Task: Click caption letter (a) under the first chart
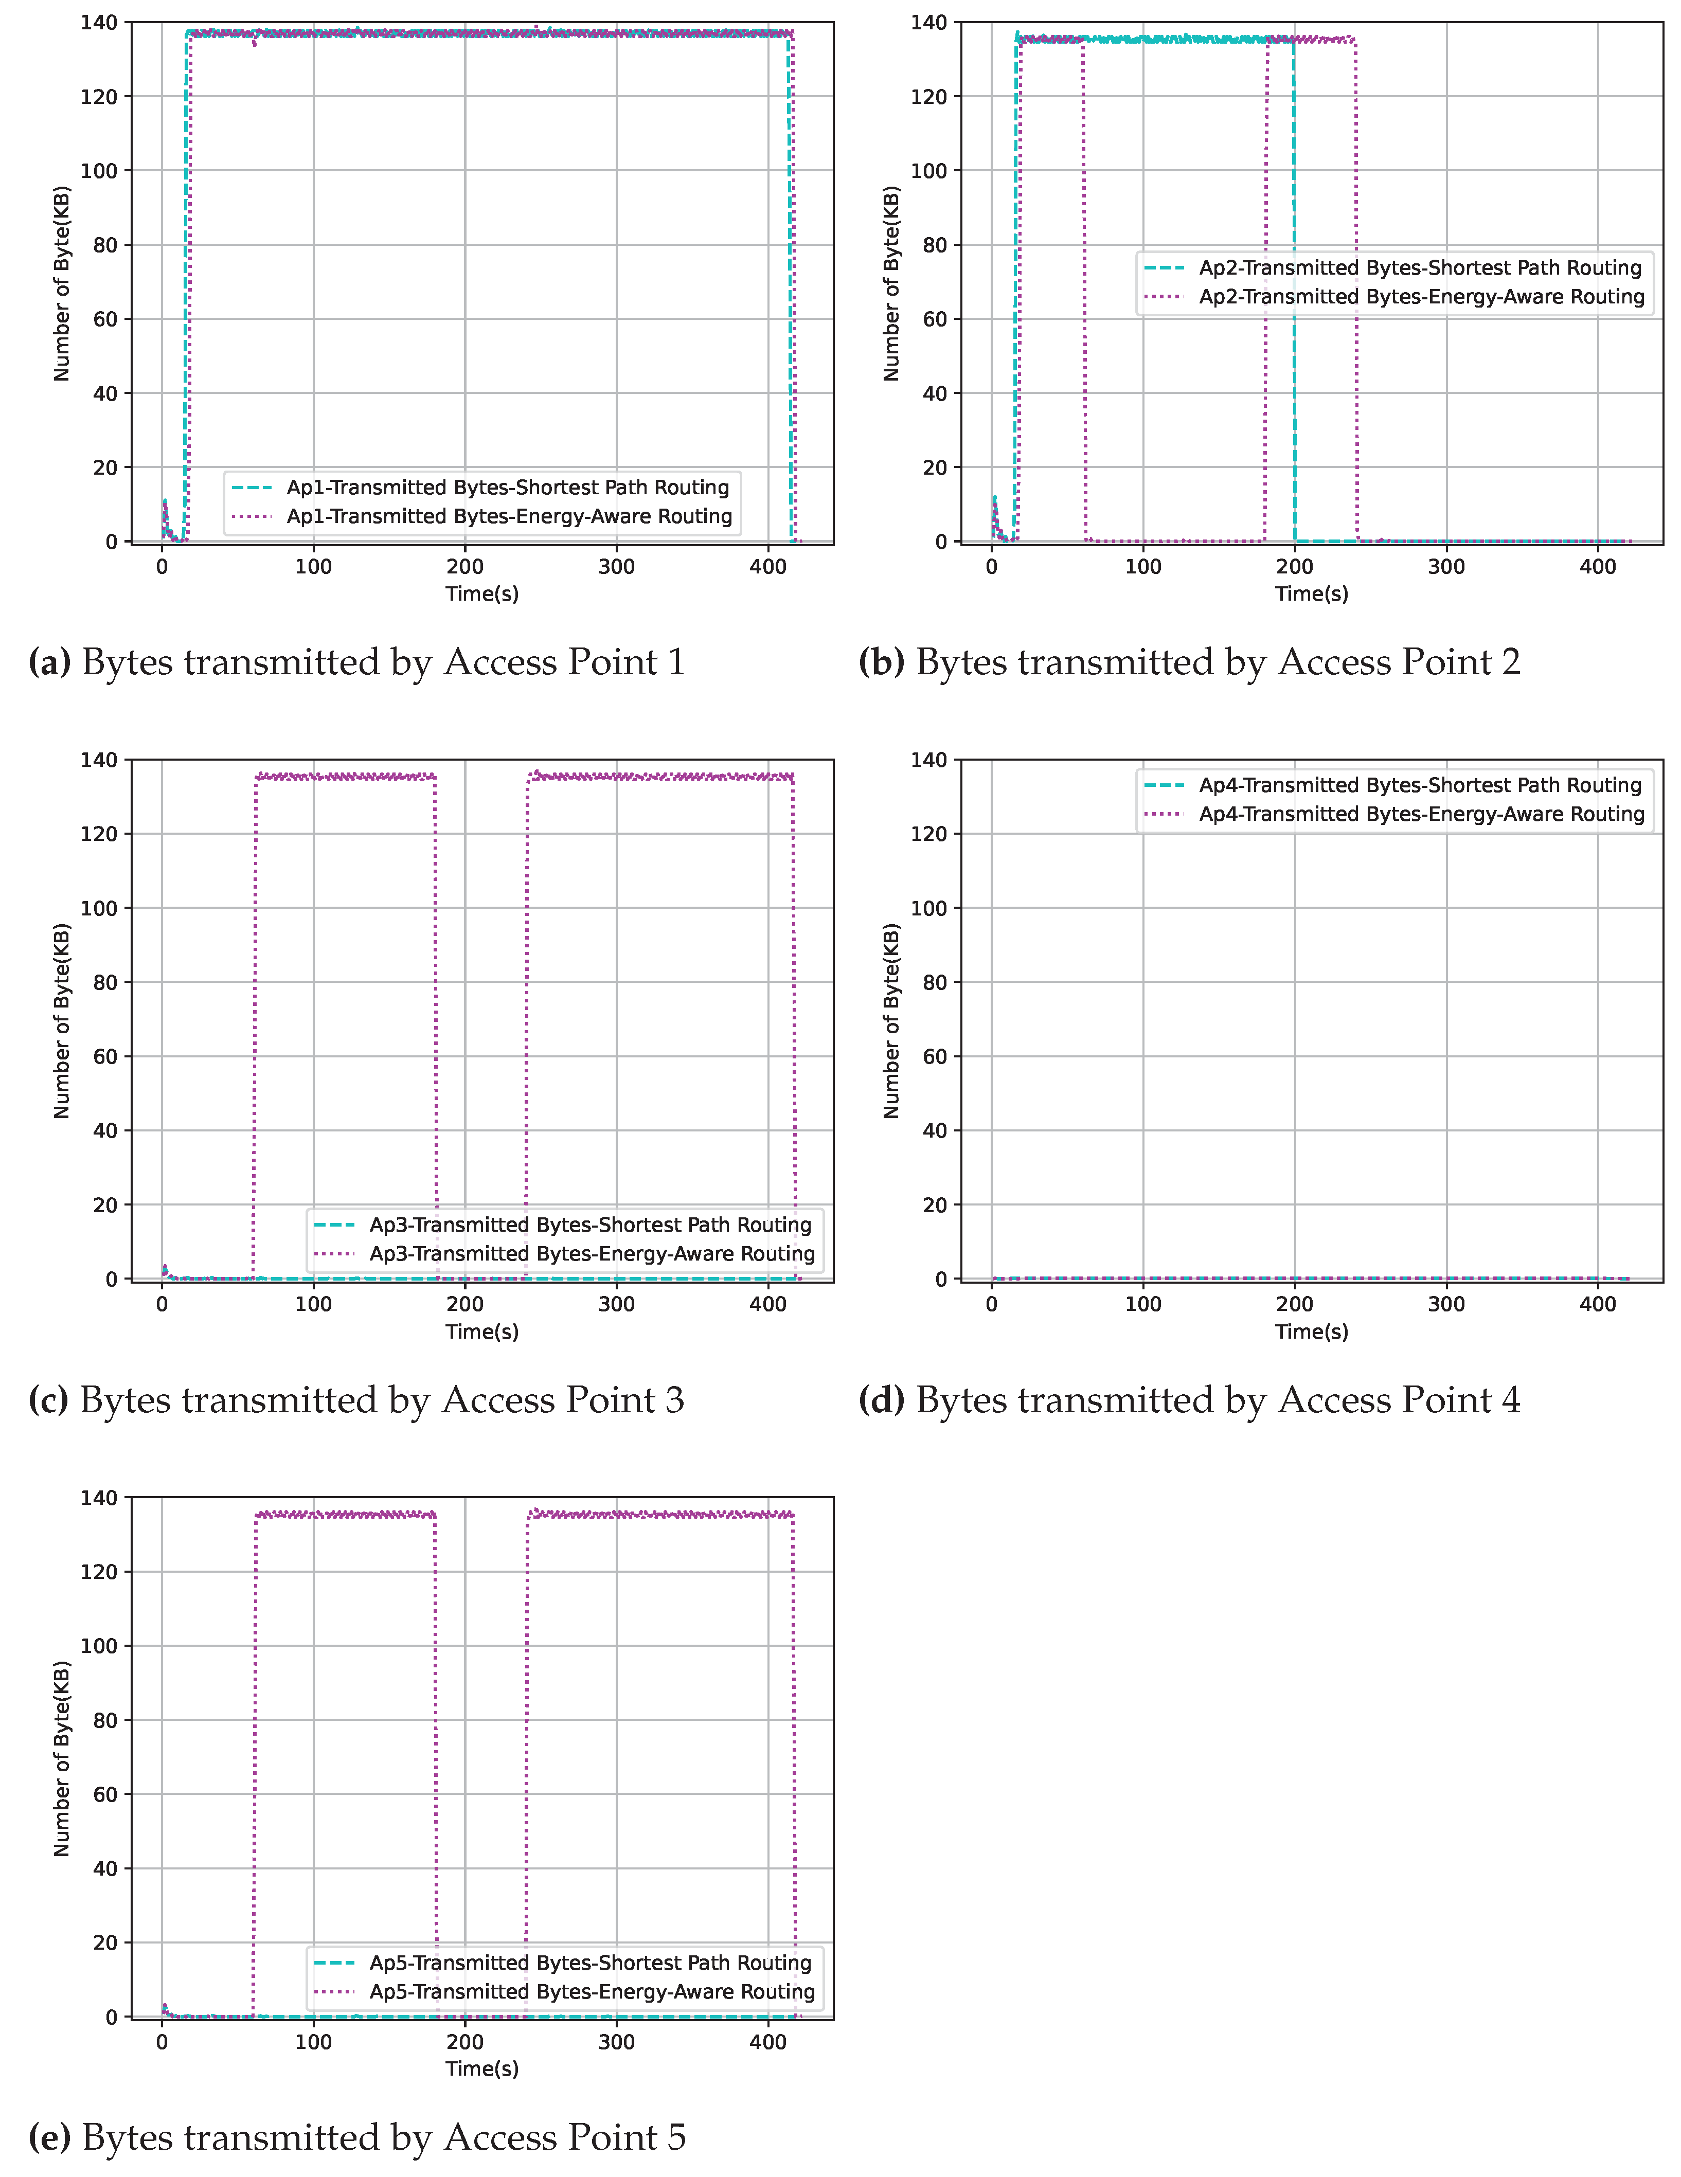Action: [50, 663]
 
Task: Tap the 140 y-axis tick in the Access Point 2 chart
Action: [929, 22]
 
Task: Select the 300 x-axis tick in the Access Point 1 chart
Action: [616, 566]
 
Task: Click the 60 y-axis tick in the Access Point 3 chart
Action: [105, 1056]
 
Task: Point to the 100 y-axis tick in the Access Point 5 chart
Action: [100, 1646]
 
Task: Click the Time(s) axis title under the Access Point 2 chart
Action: [1311, 594]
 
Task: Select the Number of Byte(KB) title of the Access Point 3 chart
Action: [62, 1021]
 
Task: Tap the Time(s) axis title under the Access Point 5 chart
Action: [481, 2070]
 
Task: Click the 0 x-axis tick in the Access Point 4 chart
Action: [991, 1304]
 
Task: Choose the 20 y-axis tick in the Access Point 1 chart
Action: [105, 467]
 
